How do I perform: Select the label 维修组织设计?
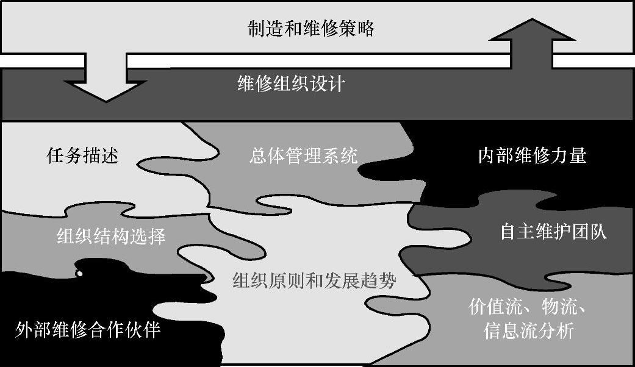(x=291, y=84)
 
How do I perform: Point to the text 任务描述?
(x=82, y=156)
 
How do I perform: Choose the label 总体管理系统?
(x=303, y=156)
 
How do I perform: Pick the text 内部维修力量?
(x=532, y=156)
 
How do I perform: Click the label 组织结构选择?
(x=111, y=236)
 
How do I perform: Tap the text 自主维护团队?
(x=553, y=232)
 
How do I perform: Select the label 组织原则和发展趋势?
(x=315, y=281)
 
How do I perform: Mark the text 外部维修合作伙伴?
(x=87, y=330)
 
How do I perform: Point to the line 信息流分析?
(x=528, y=331)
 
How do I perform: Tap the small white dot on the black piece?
(x=79, y=274)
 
